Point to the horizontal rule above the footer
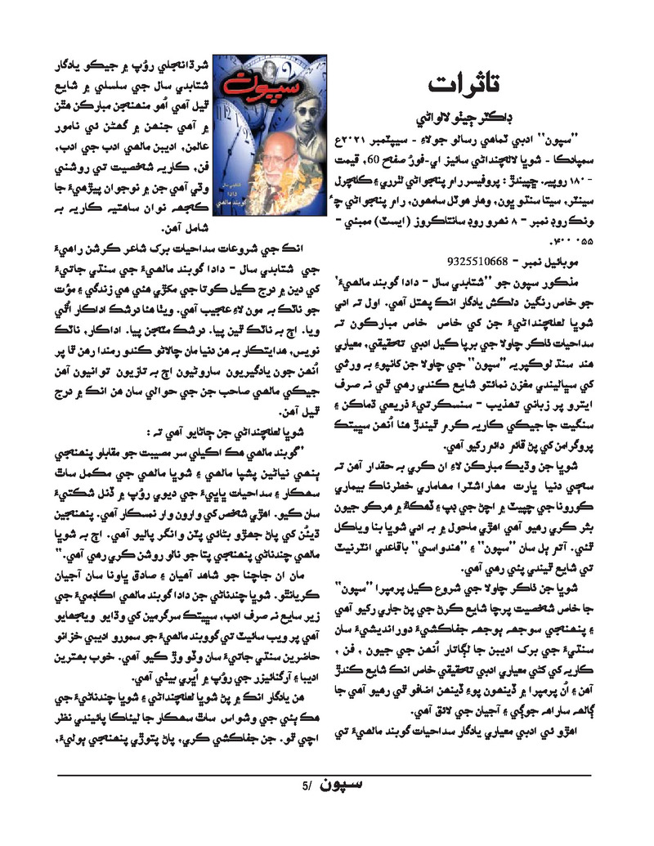[x=327, y=773]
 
